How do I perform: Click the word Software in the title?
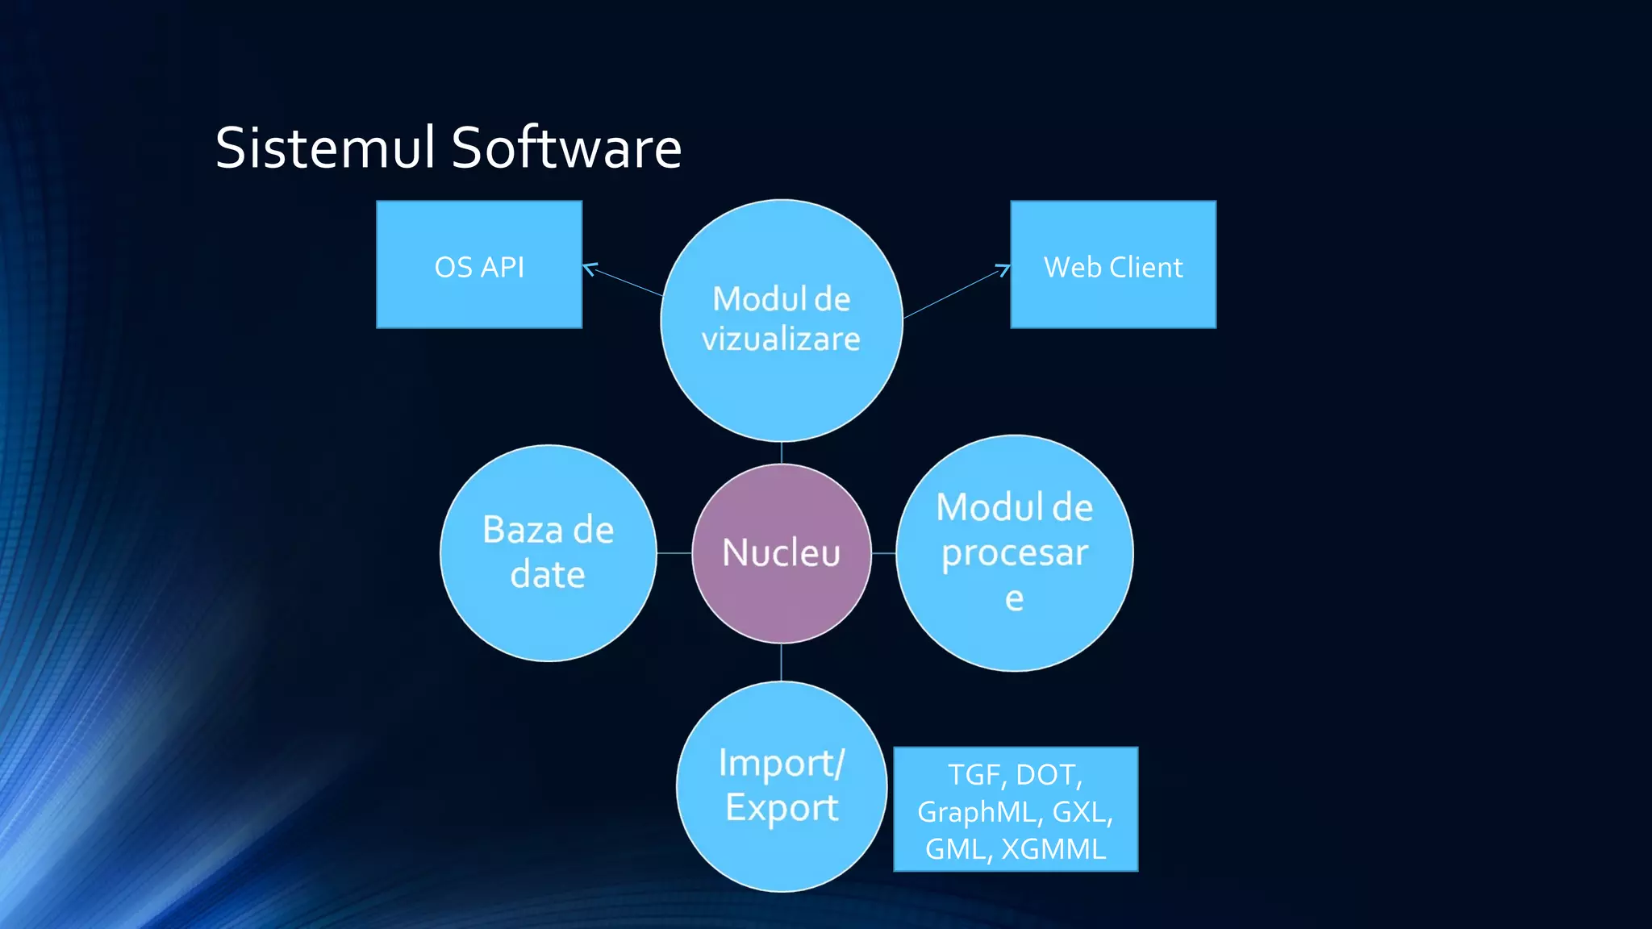[x=566, y=148]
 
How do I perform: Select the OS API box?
[x=479, y=265]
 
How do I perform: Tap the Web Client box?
[x=1112, y=265]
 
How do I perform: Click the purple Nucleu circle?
[x=781, y=553]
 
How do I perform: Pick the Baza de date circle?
[x=549, y=553]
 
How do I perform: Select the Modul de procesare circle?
[x=1014, y=553]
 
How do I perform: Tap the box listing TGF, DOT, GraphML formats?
[x=1015, y=810]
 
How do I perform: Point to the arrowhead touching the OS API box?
[x=587, y=267]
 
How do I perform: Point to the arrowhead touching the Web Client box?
[x=1005, y=268]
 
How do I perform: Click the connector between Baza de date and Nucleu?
[x=674, y=553]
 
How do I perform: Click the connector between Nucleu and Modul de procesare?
[x=884, y=553]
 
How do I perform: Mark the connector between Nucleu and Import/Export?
[x=781, y=663]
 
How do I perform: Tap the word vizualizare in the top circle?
[x=781, y=339]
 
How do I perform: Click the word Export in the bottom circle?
[x=781, y=807]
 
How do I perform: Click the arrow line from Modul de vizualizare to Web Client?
[x=952, y=294]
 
